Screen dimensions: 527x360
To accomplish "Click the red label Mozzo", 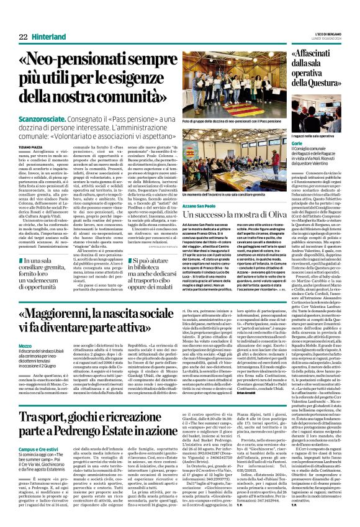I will [24, 345].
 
